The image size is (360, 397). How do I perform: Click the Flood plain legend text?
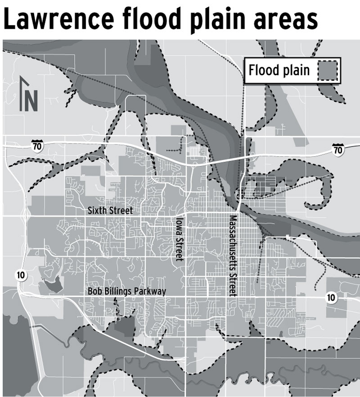[x=279, y=71]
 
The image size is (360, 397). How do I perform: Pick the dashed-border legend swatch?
[x=328, y=71]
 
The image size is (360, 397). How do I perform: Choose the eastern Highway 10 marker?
[x=331, y=298]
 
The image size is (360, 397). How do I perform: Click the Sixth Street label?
[x=108, y=210]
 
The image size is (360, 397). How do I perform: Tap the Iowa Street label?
[x=180, y=239]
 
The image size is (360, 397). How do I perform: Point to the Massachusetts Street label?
[x=233, y=255]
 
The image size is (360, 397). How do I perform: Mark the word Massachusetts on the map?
[x=233, y=244]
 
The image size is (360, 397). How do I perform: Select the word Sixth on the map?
[x=97, y=210]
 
